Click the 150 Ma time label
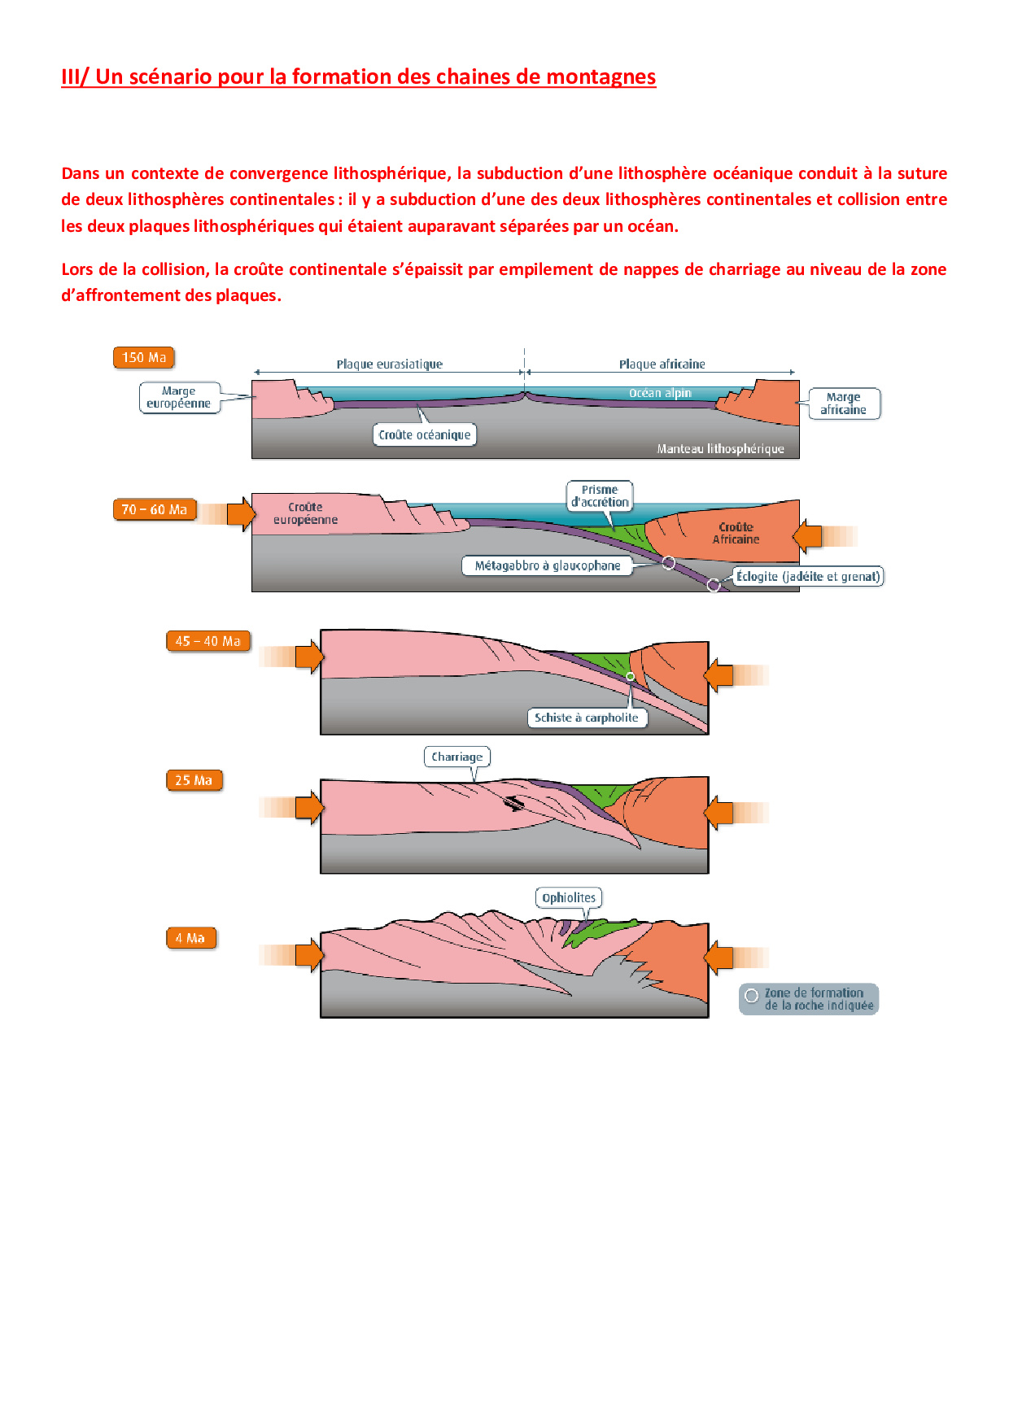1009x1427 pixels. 144,357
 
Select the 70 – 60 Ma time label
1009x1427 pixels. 154,509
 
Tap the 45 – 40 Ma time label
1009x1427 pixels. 207,641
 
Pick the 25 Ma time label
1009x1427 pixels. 194,780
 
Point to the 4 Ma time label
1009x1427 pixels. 190,938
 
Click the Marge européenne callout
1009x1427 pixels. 179,398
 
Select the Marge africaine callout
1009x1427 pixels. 843,404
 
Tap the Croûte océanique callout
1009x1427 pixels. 424,434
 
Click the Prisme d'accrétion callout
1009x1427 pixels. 600,495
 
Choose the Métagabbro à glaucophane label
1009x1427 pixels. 548,565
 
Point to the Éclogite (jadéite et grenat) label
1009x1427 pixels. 808,577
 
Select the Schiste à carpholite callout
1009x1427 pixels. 587,718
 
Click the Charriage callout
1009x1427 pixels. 457,757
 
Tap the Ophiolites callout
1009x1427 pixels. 569,897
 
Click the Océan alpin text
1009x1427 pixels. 660,393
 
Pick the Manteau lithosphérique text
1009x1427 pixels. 720,448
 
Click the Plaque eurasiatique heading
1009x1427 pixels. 390,364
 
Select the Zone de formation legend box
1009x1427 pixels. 809,999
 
